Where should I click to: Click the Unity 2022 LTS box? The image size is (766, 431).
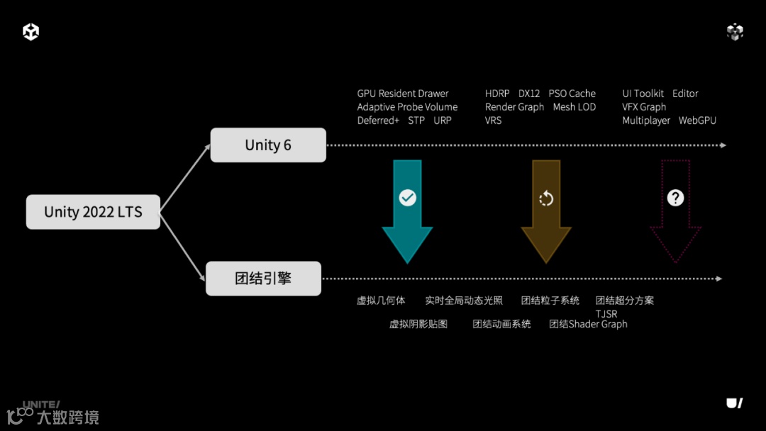point(93,212)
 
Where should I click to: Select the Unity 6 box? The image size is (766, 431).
point(268,145)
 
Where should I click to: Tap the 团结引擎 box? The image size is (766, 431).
point(263,279)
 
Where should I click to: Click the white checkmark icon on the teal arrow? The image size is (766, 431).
point(407,198)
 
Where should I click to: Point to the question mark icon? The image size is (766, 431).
point(675,198)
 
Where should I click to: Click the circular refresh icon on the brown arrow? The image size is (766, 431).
point(546,198)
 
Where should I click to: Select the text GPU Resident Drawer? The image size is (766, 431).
point(403,94)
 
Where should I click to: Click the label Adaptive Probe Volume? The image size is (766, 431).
point(407,107)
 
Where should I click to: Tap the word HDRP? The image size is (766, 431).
point(497,94)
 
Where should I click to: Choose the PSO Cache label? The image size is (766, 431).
point(572,94)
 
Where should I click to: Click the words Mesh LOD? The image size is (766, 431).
point(574,107)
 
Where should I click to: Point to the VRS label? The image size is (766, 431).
point(493,121)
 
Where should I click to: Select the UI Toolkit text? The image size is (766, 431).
point(643,94)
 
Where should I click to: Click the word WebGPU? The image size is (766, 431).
point(697,121)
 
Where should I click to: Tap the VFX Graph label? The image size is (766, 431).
point(644,107)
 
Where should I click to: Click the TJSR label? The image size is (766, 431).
point(606,314)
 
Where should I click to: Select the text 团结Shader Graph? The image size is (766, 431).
point(588,324)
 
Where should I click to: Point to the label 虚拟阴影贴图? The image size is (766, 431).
point(418,324)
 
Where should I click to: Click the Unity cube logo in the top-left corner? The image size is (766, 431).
point(30,32)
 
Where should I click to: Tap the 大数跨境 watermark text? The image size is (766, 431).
point(67,418)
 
